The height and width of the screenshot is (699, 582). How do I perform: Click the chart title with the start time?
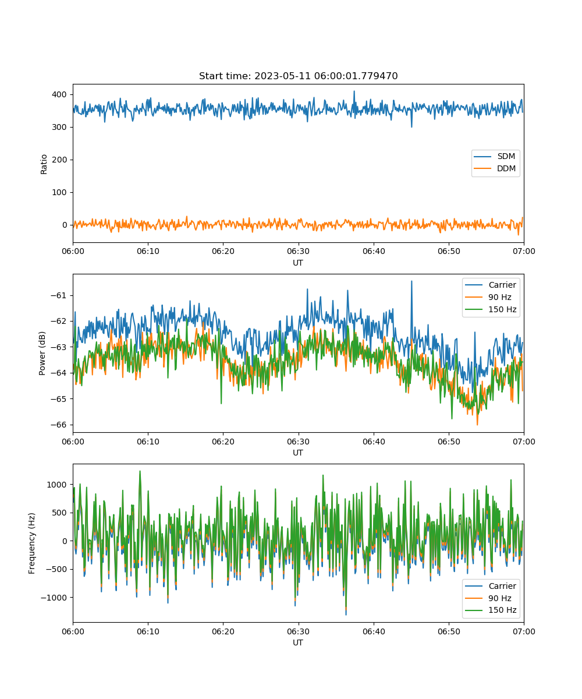298,76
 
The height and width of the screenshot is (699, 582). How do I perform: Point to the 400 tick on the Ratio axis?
59,94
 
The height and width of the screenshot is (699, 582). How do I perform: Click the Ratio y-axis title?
44,164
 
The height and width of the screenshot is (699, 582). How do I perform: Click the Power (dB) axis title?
42,353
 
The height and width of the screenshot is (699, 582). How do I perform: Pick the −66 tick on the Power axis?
59,425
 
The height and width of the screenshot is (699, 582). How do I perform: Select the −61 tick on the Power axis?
59,295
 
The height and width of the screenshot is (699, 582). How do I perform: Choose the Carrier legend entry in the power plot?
491,285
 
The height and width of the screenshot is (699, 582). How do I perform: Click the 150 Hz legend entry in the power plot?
491,309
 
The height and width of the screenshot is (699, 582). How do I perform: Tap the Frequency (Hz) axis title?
32,543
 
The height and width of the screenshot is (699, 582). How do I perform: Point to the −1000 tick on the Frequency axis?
54,597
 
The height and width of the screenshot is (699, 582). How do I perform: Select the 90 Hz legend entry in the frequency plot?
488,598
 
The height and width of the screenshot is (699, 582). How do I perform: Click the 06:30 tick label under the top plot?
298,251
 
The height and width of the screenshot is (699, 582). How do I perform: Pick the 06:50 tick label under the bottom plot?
449,631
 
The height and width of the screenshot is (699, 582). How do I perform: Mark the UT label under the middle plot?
298,453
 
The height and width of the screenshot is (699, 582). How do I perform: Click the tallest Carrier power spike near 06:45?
411,281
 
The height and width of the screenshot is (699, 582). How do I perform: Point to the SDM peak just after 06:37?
354,91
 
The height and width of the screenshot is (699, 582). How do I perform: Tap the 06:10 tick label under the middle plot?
148,442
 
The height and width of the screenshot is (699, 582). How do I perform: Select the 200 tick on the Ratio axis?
59,160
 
